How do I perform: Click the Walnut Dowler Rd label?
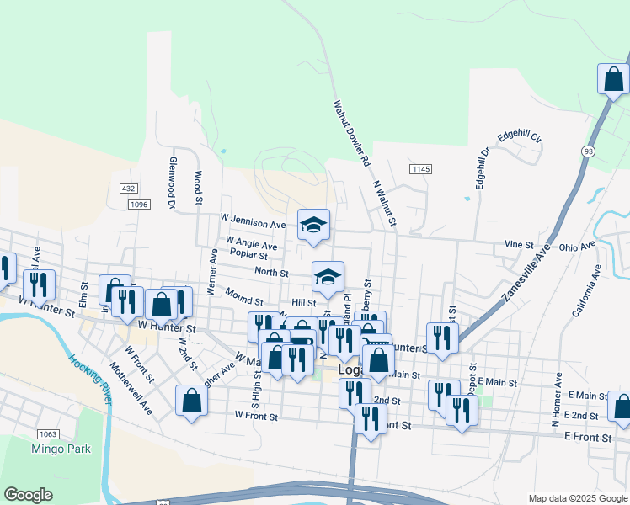coord(352,133)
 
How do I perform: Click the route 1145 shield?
coord(421,170)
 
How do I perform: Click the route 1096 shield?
coord(139,204)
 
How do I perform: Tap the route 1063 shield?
coord(47,434)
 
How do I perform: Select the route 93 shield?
coord(587,151)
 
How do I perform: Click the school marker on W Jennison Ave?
coord(313,224)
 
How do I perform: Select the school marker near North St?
coord(328,275)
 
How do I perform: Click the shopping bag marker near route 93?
coord(614,79)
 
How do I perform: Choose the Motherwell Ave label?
coord(131,387)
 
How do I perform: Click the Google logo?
coord(29,494)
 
